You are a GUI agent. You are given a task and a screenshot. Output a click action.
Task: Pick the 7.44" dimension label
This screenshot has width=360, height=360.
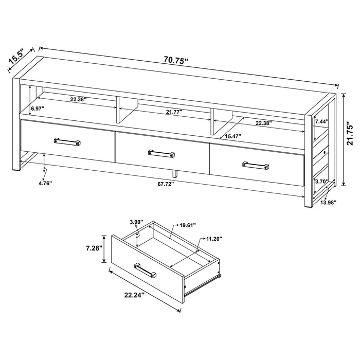[321, 121]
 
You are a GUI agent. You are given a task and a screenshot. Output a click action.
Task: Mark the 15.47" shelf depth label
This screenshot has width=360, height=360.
[233, 136]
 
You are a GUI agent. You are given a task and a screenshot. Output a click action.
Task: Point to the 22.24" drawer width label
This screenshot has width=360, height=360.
[133, 295]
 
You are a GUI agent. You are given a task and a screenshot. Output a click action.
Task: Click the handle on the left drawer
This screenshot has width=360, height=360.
[66, 141]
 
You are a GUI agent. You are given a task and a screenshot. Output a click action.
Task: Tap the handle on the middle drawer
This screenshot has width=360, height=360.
[161, 153]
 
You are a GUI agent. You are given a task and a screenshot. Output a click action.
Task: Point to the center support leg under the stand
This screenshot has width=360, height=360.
[175, 172]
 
